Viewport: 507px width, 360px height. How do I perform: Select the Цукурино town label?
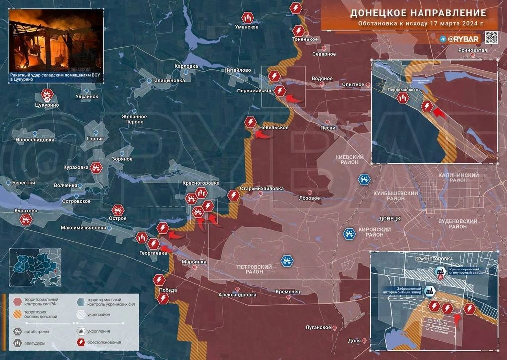(47, 105)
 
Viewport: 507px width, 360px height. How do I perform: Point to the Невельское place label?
(274, 128)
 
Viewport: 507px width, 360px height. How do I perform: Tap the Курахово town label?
(26, 211)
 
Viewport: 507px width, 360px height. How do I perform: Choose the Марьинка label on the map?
(194, 261)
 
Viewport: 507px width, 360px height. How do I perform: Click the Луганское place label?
(318, 327)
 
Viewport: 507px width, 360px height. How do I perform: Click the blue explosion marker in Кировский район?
(350, 233)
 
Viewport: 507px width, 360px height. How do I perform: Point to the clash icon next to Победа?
(159, 280)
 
